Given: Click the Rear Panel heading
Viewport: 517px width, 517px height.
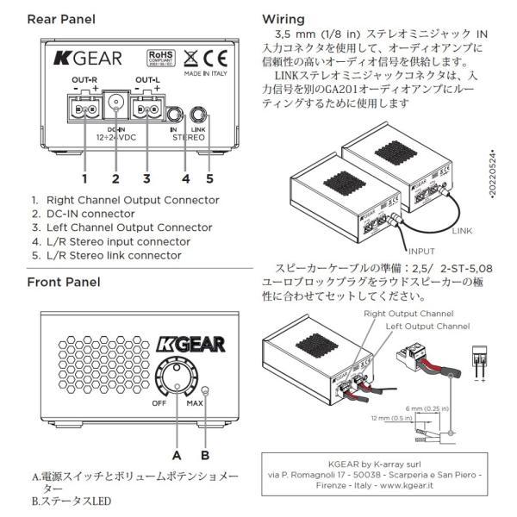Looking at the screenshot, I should (x=61, y=19).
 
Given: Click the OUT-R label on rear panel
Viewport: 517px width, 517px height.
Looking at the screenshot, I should (x=84, y=80).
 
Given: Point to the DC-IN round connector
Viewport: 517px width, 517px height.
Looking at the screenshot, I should (x=115, y=109).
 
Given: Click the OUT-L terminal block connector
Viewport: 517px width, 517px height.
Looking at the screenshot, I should (x=147, y=109).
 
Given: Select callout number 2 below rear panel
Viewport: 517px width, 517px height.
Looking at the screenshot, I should (x=115, y=178).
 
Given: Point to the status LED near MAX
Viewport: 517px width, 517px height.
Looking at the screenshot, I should (x=204, y=389).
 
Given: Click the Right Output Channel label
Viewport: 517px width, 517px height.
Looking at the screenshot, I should (x=408, y=315).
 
